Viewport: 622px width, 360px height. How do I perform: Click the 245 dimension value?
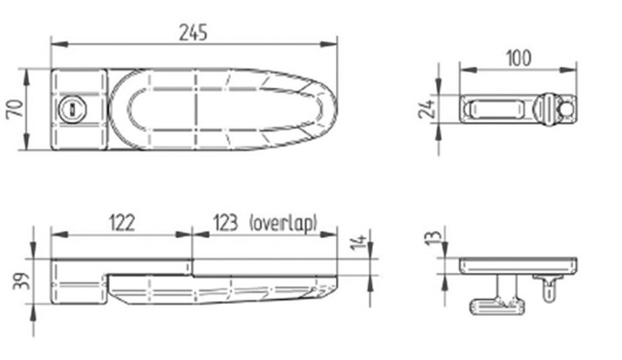coord(193,33)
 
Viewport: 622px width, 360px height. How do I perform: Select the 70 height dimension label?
coord(15,109)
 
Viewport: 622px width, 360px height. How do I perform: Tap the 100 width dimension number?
coord(519,58)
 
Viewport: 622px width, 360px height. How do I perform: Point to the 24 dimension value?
coord(427,109)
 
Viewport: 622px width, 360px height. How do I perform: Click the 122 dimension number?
coord(122,222)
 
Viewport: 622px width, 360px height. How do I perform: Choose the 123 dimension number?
coord(225,222)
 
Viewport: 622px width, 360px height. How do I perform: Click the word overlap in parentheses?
coord(284,223)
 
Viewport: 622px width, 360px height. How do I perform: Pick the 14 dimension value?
coord(359,242)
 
